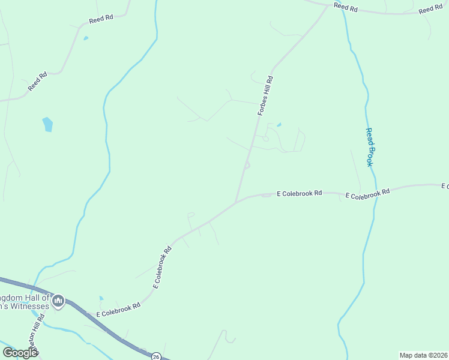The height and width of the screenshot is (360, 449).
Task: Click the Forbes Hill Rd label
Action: (x=265, y=95)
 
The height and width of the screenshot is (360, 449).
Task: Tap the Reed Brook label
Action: (x=370, y=147)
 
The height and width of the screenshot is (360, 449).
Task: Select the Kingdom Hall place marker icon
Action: (x=58, y=301)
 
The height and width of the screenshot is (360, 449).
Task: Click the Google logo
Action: (x=20, y=353)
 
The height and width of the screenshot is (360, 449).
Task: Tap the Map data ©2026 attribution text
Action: (x=423, y=355)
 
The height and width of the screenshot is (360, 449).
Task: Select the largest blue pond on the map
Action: (x=47, y=124)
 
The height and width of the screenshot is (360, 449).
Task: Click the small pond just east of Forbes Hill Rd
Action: (x=279, y=125)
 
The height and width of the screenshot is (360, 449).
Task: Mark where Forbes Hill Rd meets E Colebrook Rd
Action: (x=237, y=202)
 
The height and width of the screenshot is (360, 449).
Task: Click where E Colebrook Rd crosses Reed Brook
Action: (x=376, y=193)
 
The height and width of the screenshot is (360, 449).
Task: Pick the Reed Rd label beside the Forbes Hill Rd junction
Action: (x=346, y=7)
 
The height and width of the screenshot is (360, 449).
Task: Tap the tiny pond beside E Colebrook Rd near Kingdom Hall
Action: (x=101, y=298)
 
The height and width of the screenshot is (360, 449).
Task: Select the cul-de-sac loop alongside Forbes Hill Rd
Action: (x=247, y=166)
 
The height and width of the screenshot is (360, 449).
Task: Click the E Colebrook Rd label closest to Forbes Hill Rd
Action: (x=300, y=193)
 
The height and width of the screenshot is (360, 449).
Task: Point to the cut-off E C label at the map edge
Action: (x=445, y=186)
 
